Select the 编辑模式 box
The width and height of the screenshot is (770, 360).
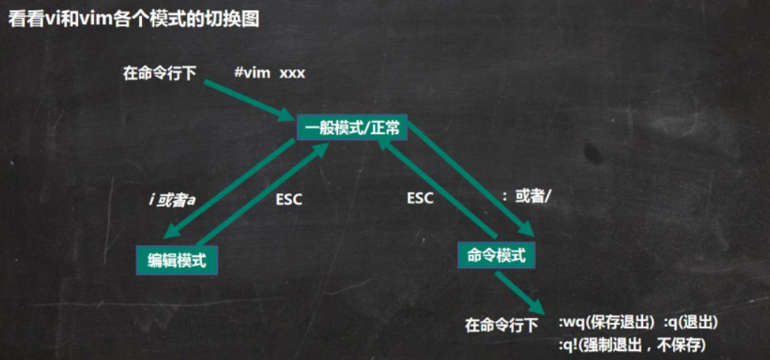pyautogui.click(x=177, y=260)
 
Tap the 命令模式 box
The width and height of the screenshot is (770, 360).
pyautogui.click(x=497, y=255)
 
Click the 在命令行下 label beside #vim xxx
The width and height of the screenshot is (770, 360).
pyautogui.click(x=159, y=74)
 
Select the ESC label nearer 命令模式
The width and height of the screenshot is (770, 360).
pyautogui.click(x=421, y=198)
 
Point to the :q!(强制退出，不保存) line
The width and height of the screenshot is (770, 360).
pyautogui.click(x=633, y=345)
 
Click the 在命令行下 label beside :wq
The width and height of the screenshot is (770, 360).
pyautogui.click(x=501, y=325)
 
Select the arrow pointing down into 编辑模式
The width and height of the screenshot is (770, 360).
pyautogui.click(x=229, y=189)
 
